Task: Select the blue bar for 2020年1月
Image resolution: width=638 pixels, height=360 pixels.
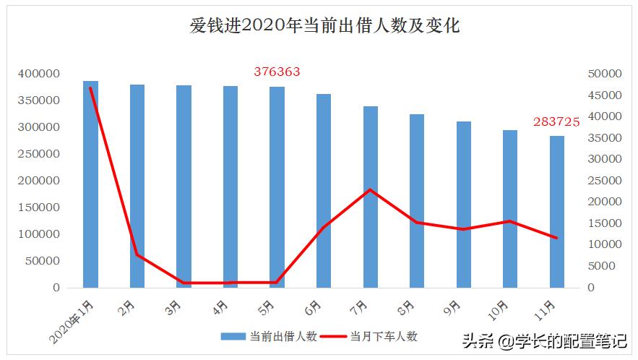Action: tap(90, 184)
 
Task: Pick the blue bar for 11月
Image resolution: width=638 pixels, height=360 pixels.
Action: tap(557, 212)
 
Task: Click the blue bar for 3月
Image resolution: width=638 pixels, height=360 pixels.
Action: tap(184, 187)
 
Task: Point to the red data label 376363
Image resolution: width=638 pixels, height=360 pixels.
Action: tap(277, 72)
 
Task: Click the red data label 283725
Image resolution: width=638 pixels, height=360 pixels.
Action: tap(556, 122)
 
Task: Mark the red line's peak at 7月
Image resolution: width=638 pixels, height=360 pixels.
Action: tap(371, 189)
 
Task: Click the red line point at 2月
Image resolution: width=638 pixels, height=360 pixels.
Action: tap(137, 254)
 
